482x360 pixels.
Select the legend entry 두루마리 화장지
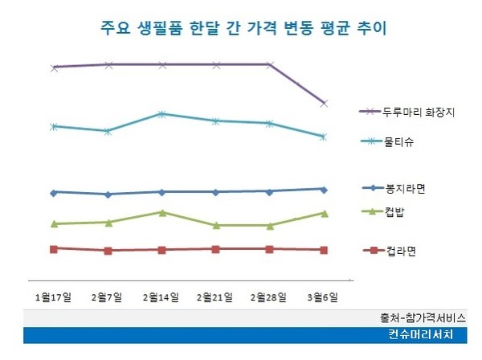tap(419, 112)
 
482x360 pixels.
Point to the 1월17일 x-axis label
tap(53, 297)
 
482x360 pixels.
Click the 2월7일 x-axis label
tap(107, 297)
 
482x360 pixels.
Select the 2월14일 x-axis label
tap(161, 297)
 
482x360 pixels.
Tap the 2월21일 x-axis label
tap(215, 297)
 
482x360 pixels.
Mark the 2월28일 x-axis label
tap(269, 297)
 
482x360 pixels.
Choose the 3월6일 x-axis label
tap(323, 297)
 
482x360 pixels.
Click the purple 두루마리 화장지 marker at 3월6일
tap(324, 103)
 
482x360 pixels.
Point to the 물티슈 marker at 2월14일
tap(161, 114)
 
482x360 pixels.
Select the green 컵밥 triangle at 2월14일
tap(161, 212)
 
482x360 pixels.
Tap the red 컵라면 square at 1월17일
tap(54, 249)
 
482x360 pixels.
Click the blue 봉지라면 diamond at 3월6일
tap(324, 189)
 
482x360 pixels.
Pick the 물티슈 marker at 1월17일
tap(54, 126)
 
